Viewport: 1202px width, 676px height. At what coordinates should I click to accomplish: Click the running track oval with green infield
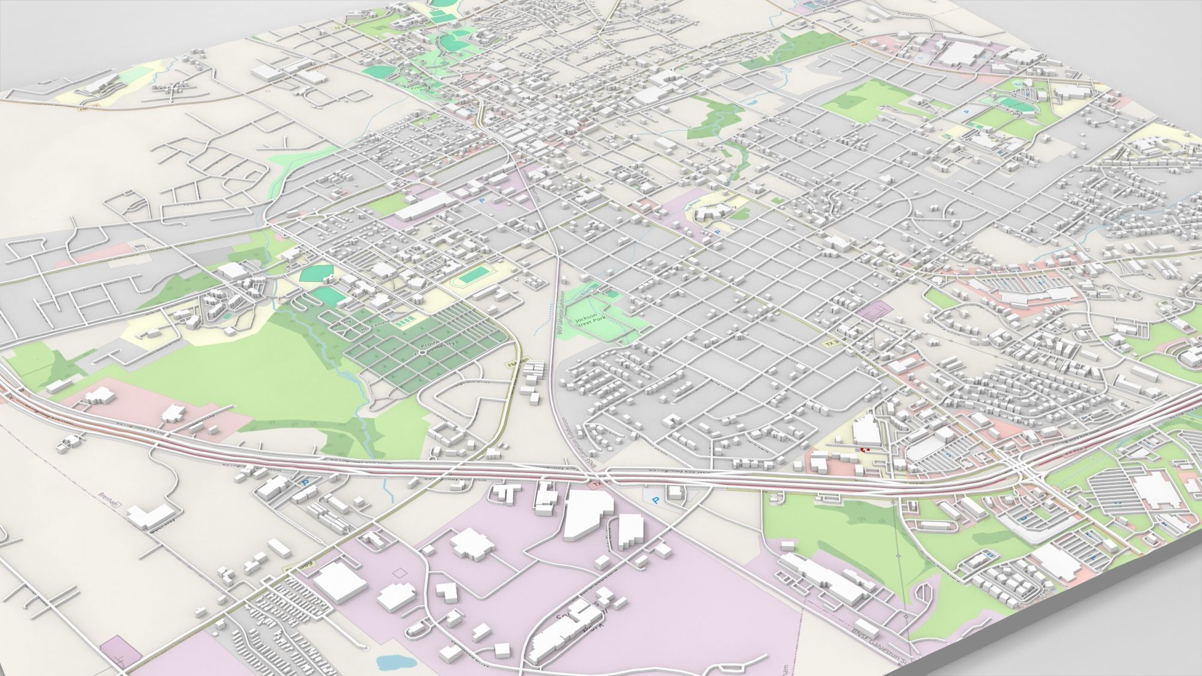tap(473, 277)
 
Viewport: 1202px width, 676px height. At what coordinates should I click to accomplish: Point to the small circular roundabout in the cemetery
tap(423, 353)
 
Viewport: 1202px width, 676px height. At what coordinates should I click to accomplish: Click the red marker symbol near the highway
tap(864, 448)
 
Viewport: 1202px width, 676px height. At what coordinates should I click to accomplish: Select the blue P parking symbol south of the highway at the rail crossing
tap(654, 498)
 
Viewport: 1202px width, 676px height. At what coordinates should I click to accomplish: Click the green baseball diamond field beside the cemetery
tap(316, 274)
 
